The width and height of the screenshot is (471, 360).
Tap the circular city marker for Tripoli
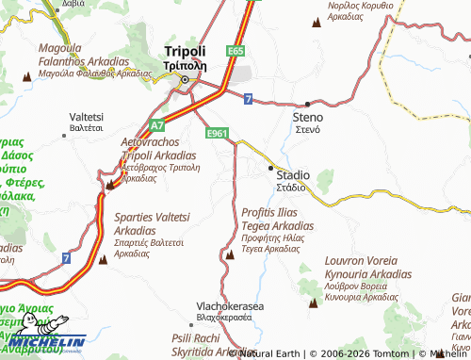pyautogui.click(x=187, y=79)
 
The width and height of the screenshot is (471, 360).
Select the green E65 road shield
pyautogui.click(x=235, y=49)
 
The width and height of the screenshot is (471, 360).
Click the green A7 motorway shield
pyautogui.click(x=157, y=124)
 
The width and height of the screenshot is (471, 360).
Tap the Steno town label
pyautogui.click(x=307, y=117)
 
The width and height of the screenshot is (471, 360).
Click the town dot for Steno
pyautogui.click(x=307, y=104)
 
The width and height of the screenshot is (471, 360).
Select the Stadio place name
pyautogui.click(x=291, y=175)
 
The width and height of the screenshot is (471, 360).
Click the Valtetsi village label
pyautogui.click(x=87, y=116)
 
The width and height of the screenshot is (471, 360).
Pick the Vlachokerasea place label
pyautogui.click(x=230, y=307)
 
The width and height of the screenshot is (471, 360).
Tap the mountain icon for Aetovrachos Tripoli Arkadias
pyautogui.click(x=110, y=186)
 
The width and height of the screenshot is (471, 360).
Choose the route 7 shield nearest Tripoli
pyautogui.click(x=247, y=98)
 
